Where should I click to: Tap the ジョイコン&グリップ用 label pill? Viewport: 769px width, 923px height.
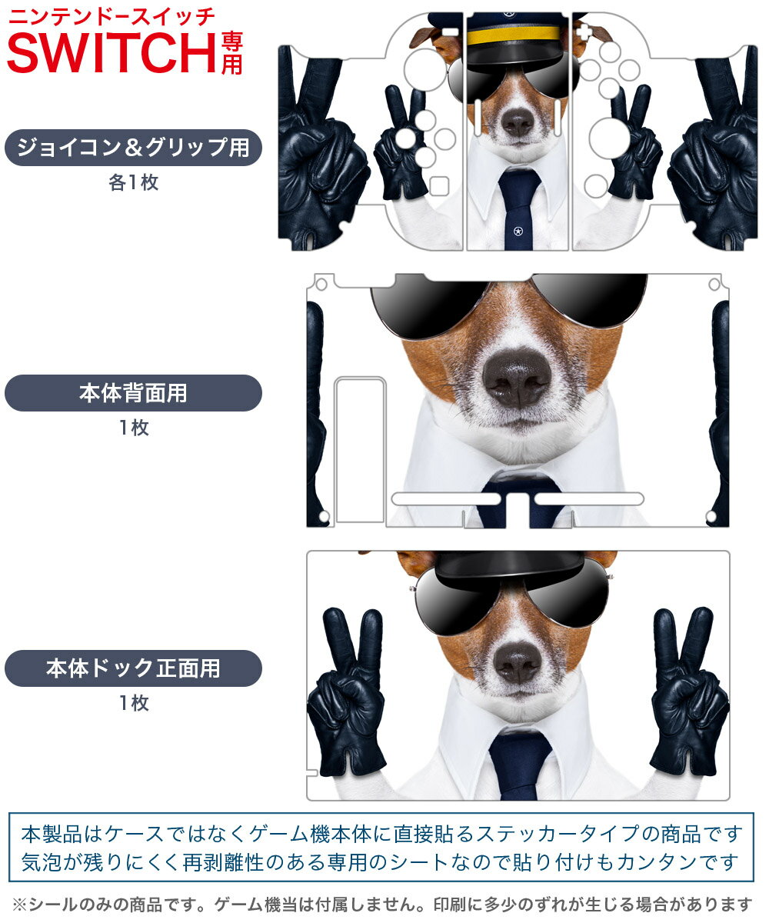(x=133, y=148)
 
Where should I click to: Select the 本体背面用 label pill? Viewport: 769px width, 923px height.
(x=133, y=393)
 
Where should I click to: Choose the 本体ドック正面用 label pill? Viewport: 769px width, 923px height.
(x=133, y=668)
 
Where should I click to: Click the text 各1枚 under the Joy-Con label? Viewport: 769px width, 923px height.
(x=133, y=184)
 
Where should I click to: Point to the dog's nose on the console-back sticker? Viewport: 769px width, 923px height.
(x=517, y=377)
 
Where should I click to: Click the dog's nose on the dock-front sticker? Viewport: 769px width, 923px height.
(x=517, y=661)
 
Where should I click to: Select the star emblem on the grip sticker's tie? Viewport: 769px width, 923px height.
(x=518, y=230)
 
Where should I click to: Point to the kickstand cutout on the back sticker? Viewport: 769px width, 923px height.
(x=360, y=450)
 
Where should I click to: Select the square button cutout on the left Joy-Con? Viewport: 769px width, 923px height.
(x=439, y=185)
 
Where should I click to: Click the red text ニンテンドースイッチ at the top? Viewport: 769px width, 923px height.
(x=112, y=16)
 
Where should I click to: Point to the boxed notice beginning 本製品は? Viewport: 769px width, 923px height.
(x=381, y=847)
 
